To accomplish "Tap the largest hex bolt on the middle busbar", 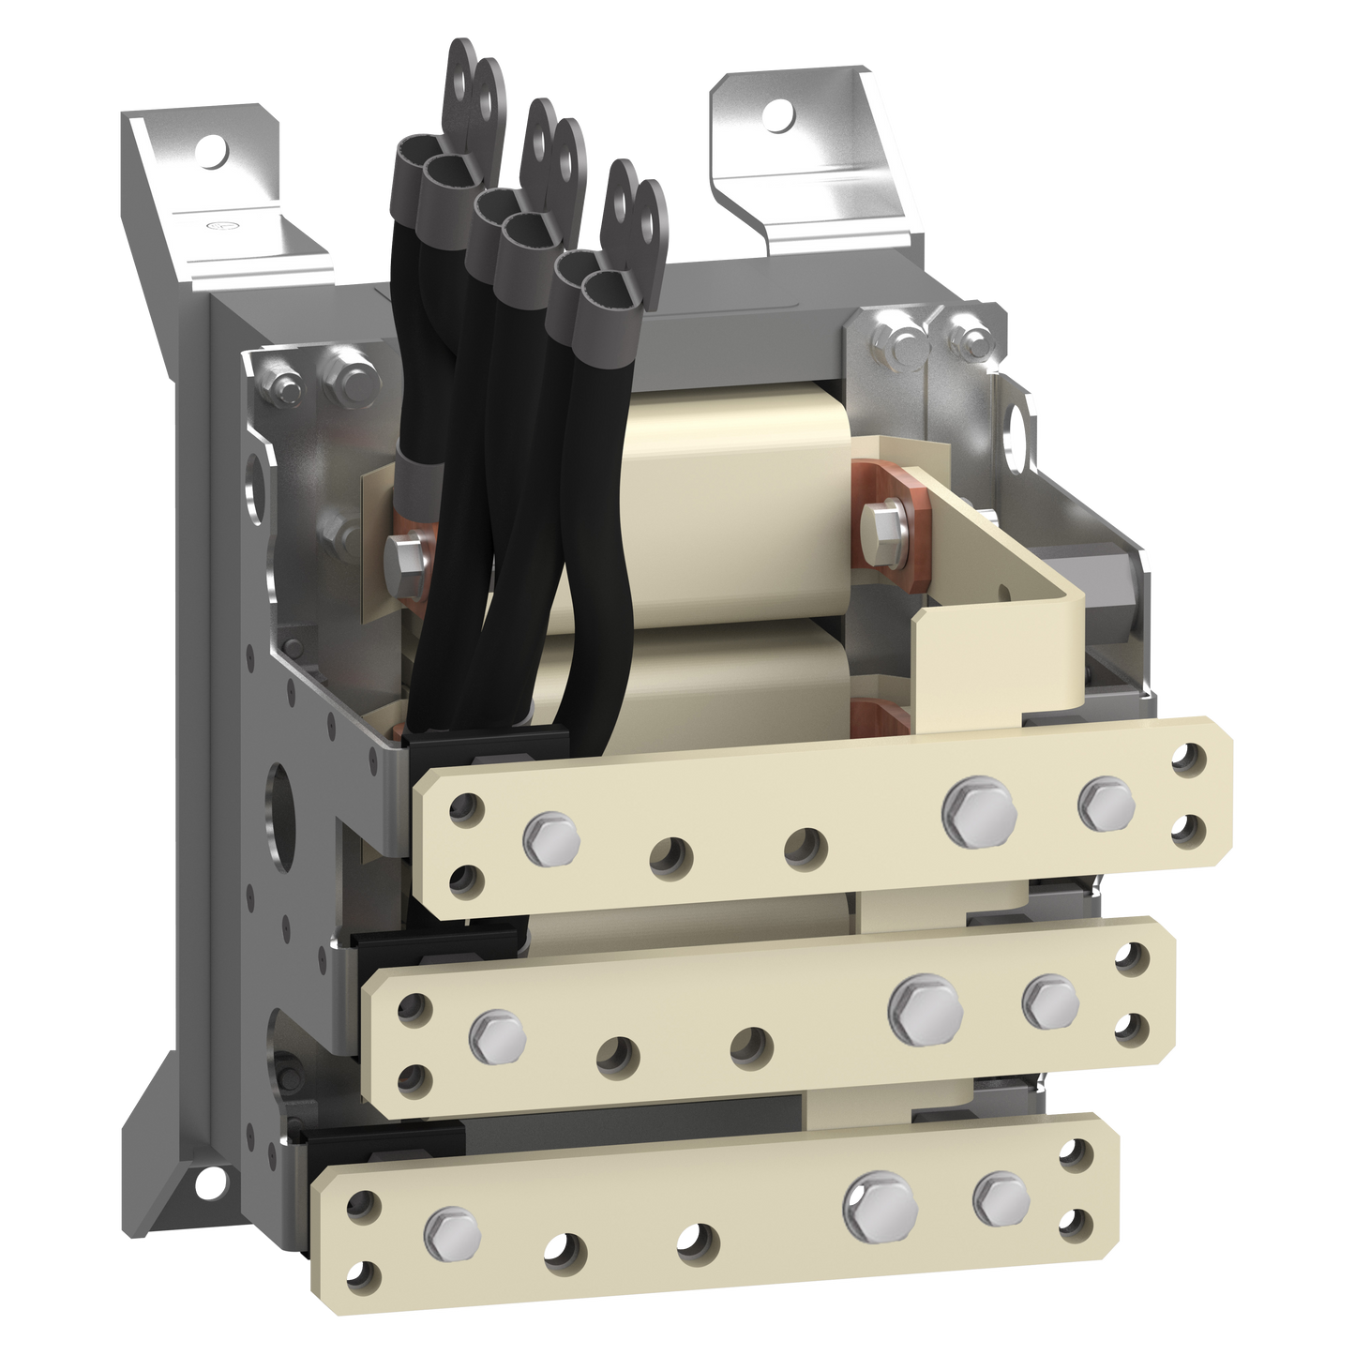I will [926, 1008].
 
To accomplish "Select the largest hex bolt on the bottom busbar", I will [880, 1204].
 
